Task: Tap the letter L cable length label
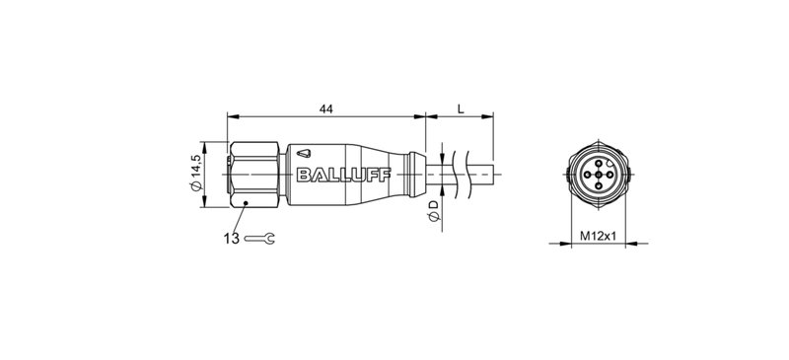(460, 108)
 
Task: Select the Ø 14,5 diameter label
(195, 174)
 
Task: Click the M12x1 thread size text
(599, 237)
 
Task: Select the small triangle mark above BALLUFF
(306, 154)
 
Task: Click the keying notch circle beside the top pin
(609, 164)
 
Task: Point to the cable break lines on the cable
(455, 175)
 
